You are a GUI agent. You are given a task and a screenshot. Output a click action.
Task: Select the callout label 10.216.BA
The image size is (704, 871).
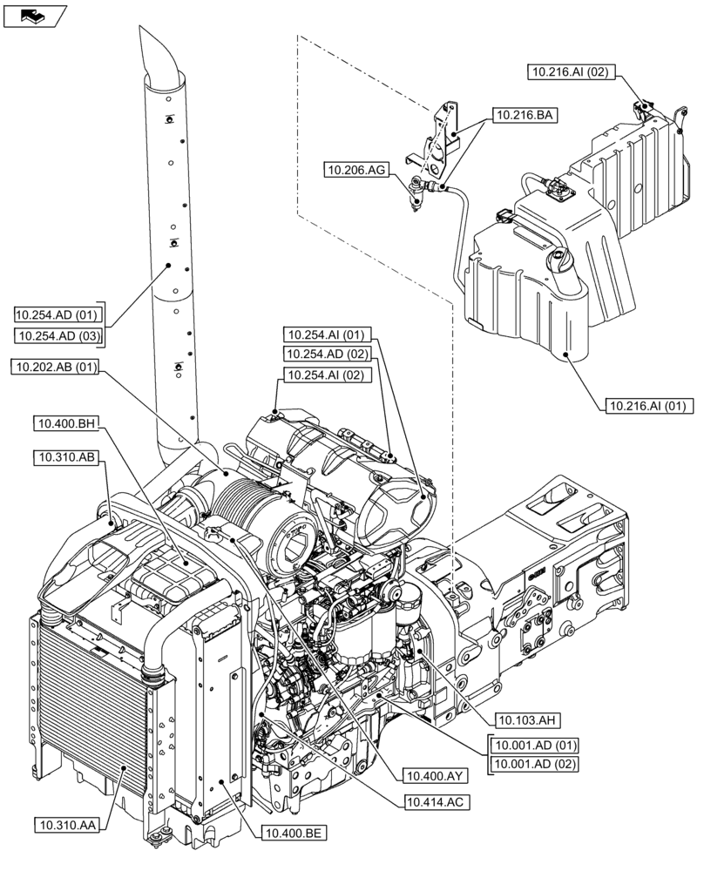click(526, 114)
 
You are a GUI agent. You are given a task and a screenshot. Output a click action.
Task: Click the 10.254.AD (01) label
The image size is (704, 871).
click(59, 314)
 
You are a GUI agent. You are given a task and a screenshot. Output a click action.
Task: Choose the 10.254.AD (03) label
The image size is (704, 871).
click(59, 336)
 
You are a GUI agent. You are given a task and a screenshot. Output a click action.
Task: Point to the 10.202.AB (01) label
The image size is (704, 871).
click(55, 368)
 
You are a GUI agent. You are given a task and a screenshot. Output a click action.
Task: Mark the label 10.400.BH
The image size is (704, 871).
click(66, 424)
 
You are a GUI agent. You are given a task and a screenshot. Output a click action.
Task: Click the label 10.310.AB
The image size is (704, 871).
click(67, 456)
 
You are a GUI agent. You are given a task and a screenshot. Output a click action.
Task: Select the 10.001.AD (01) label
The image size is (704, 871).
click(534, 746)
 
